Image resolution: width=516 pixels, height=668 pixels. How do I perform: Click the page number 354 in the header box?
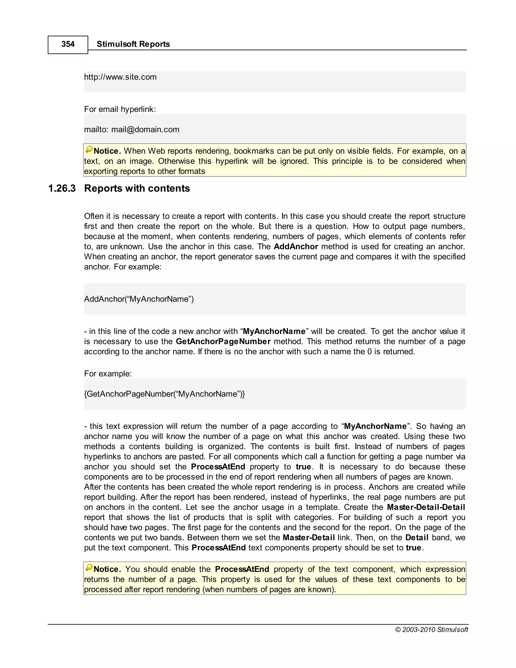(x=68, y=44)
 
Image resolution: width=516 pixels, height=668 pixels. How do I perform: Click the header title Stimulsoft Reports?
(x=133, y=44)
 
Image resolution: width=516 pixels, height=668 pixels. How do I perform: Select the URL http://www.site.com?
(x=120, y=77)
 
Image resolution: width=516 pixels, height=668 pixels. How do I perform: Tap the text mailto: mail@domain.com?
(x=132, y=129)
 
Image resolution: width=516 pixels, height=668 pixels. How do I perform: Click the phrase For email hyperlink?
(x=120, y=109)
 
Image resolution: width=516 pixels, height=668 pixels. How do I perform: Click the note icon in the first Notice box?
(x=89, y=149)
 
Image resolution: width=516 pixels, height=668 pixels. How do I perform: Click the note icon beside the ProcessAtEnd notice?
(x=89, y=568)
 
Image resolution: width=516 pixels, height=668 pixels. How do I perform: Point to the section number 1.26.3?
(x=62, y=188)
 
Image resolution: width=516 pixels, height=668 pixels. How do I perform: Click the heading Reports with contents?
(x=137, y=188)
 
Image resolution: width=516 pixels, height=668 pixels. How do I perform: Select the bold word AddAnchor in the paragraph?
(x=296, y=247)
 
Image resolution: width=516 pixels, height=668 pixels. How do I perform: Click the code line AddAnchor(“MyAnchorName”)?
(x=139, y=299)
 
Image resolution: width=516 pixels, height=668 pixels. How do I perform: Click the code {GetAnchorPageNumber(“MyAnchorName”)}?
(x=165, y=394)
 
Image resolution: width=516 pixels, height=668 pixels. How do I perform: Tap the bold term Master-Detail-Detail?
(x=426, y=507)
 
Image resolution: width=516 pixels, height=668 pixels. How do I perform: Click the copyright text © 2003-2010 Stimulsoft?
(x=431, y=629)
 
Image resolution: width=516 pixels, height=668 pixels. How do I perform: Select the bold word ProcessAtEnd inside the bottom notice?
(x=242, y=569)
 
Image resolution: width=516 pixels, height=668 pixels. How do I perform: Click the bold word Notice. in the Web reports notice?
(x=107, y=151)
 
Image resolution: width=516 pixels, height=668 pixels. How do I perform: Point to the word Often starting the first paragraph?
(x=94, y=216)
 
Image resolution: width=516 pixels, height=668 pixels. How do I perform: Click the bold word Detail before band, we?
(x=417, y=537)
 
